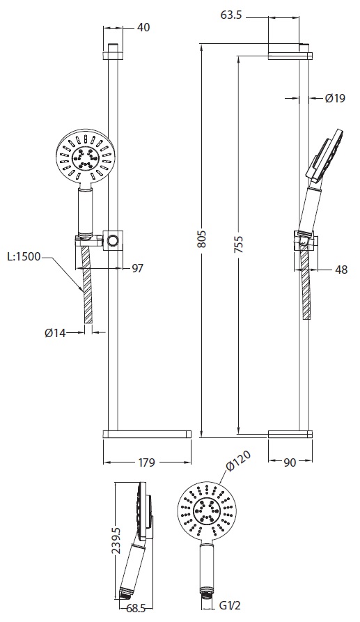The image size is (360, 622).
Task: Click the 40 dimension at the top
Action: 143,28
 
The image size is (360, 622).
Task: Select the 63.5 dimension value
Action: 233,16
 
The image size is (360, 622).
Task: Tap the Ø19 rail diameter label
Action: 335,98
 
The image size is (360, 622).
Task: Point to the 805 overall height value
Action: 202,238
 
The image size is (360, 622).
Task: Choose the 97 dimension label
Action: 137,269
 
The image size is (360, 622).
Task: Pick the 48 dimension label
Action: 341,270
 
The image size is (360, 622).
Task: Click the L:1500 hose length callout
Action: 24,256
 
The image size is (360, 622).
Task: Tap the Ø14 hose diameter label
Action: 55,333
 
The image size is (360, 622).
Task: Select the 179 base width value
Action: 146,462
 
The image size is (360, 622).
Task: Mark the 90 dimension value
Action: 290,462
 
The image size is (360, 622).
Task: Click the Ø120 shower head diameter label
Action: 239,461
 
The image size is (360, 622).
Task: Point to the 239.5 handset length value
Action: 115,540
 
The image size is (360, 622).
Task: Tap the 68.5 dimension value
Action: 134,607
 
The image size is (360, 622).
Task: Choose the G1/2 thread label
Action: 230,606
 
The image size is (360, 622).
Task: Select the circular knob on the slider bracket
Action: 113,240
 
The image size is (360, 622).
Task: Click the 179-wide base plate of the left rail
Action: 147,434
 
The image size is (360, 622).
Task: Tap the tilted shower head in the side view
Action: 325,157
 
